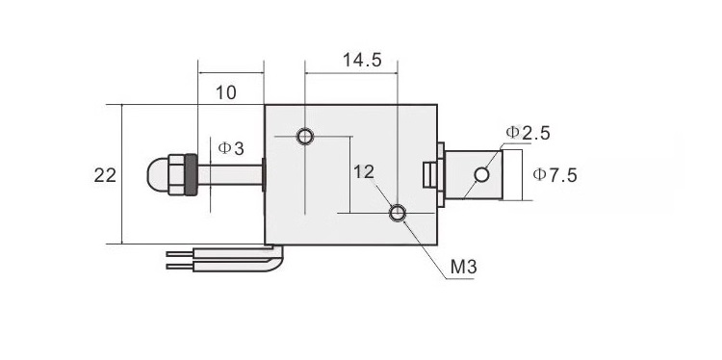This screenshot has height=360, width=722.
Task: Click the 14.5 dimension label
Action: (x=362, y=60)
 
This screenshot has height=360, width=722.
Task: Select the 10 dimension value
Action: (x=225, y=93)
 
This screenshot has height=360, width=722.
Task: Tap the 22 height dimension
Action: (x=105, y=175)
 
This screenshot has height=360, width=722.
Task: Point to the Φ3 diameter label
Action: (x=231, y=148)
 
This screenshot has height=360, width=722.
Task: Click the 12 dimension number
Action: (x=364, y=172)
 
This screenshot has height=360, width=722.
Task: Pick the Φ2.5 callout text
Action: (x=528, y=133)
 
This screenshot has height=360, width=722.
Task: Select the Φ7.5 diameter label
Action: (x=554, y=175)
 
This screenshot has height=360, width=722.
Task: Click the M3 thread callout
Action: (x=463, y=267)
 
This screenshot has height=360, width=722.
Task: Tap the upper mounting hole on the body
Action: (x=305, y=137)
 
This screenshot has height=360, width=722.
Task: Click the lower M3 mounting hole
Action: (x=398, y=213)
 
